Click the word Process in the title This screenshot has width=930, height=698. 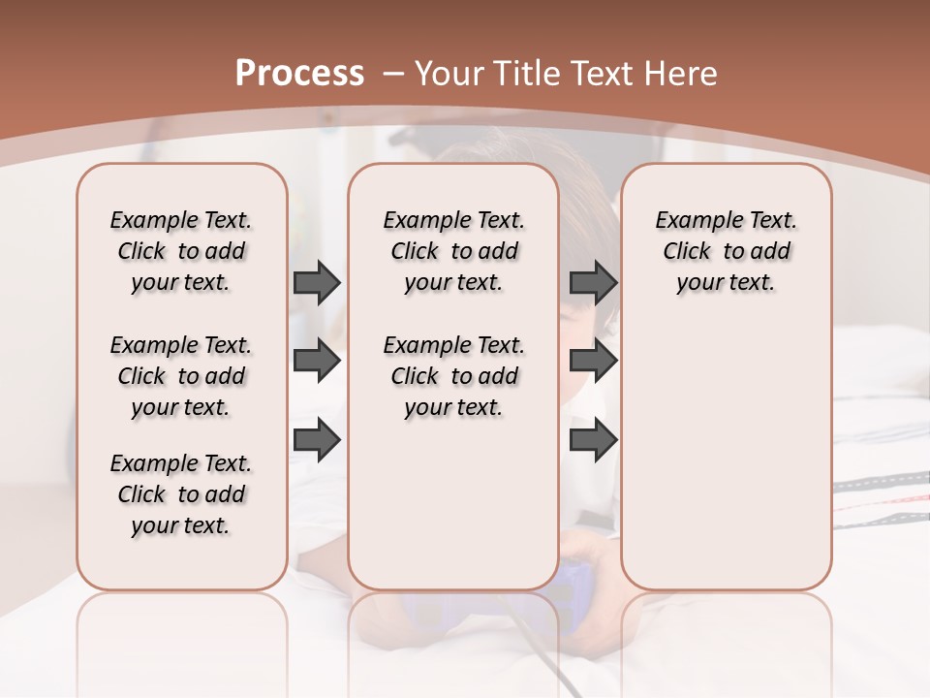tap(299, 74)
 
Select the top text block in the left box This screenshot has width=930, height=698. tap(181, 251)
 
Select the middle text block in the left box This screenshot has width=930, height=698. tap(181, 376)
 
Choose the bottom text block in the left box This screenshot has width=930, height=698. tap(181, 494)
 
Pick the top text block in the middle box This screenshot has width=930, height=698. tap(453, 251)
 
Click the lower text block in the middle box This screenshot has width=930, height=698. tap(453, 376)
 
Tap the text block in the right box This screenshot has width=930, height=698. tap(726, 251)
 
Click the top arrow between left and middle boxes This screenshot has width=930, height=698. tap(317, 283)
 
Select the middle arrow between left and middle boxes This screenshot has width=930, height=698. tap(317, 362)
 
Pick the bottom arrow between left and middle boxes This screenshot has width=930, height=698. tap(317, 440)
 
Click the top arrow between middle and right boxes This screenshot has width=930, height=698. tap(593, 283)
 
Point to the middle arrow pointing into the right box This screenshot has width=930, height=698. tap(593, 362)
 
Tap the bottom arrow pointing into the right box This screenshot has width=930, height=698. tap(593, 440)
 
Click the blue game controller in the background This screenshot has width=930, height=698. tap(578, 582)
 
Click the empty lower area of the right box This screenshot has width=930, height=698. tap(726, 465)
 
